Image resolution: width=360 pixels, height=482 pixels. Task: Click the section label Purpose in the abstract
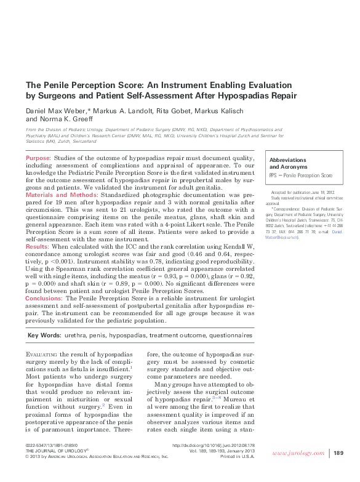38,159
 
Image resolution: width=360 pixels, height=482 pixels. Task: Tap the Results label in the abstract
37,246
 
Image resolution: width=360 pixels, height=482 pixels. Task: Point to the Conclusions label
44,297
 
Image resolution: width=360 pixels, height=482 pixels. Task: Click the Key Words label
44,335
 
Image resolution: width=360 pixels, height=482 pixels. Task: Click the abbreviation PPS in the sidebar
274,175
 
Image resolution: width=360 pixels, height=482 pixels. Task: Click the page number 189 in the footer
338,453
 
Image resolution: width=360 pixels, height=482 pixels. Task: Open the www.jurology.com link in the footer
300,453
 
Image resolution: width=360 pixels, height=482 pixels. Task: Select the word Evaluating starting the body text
44,356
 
